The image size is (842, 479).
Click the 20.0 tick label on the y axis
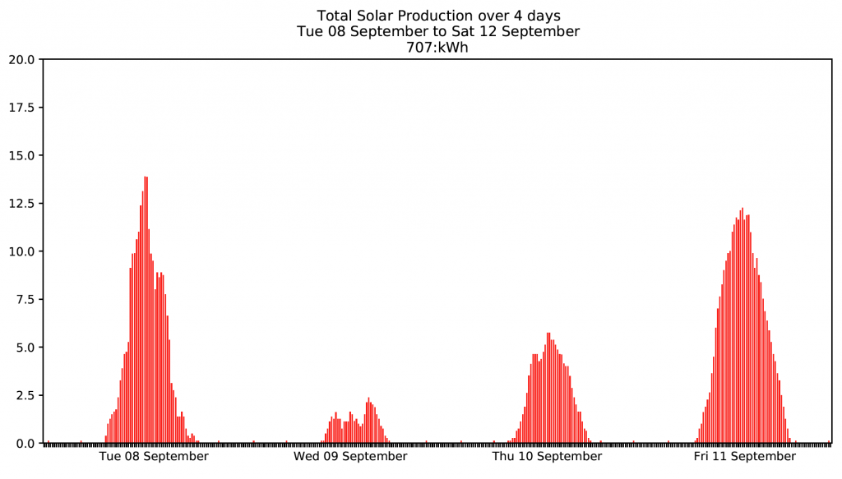[23, 59]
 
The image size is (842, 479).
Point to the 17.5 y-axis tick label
[23, 108]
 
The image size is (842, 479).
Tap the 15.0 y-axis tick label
[23, 155]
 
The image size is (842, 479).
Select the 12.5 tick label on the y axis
[23, 204]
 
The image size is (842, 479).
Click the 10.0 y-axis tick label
[23, 251]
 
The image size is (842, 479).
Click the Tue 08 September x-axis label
[154, 457]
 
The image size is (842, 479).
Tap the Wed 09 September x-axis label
[350, 457]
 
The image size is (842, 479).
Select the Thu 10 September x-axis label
[548, 457]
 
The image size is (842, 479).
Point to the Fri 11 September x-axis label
[745, 457]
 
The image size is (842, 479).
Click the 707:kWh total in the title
[438, 48]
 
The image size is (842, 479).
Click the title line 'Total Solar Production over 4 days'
[438, 16]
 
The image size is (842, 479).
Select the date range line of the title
[438, 31]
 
